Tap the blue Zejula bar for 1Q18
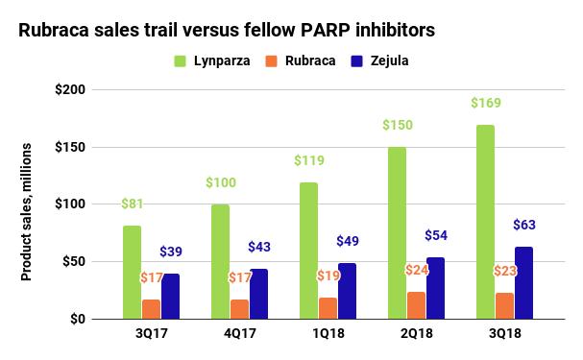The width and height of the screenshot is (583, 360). click(x=347, y=290)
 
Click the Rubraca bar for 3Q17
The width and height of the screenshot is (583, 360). click(x=151, y=308)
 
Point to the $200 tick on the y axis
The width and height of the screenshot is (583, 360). click(x=69, y=90)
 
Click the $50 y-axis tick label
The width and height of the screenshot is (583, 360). click(x=73, y=262)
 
